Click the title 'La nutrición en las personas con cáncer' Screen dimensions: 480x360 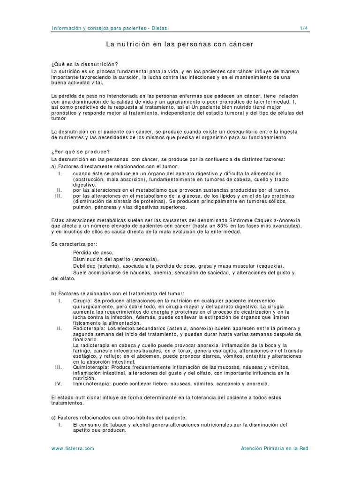tap(180, 45)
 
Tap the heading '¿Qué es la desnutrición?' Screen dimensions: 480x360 tap(84, 64)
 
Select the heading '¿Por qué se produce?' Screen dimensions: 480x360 tap(80, 151)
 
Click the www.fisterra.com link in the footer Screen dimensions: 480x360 tap(73, 448)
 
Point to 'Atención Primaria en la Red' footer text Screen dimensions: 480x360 tap(274, 448)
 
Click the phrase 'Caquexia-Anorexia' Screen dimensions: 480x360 tap(277, 220)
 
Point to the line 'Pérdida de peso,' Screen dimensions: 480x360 tap(93, 252)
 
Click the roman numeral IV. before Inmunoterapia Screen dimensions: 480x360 tap(59, 383)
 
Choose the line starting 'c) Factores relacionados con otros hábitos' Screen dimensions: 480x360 tap(119, 417)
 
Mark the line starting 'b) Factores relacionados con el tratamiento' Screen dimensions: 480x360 tap(118, 293)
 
